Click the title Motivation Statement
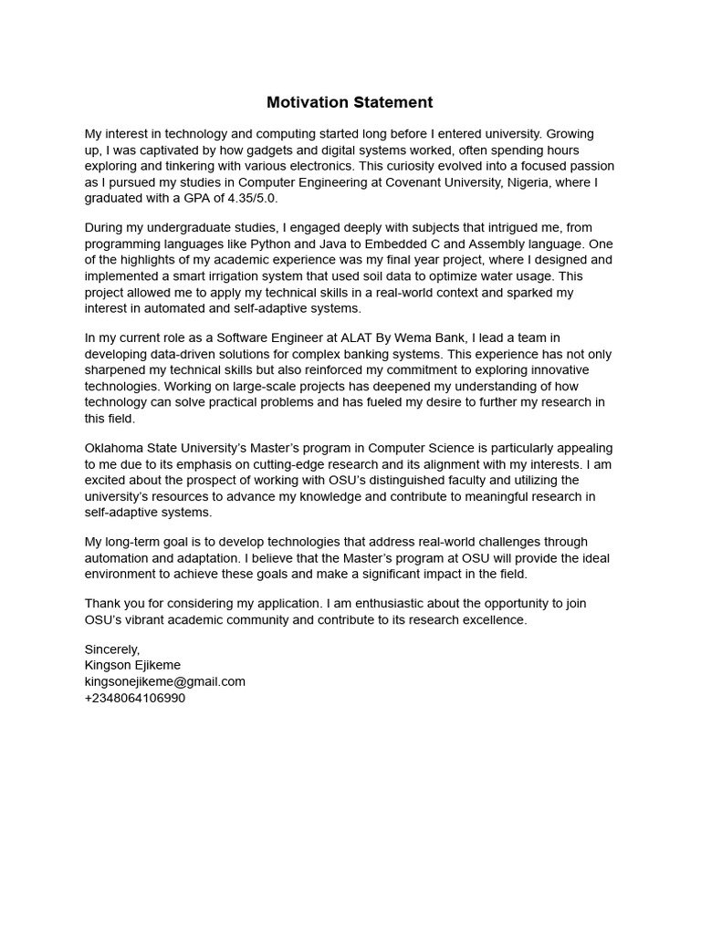click(350, 102)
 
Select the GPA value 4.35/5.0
click(249, 198)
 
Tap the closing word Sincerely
click(112, 649)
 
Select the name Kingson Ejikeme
click(132, 665)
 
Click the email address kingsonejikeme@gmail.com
click(165, 681)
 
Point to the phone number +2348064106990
click(135, 698)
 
